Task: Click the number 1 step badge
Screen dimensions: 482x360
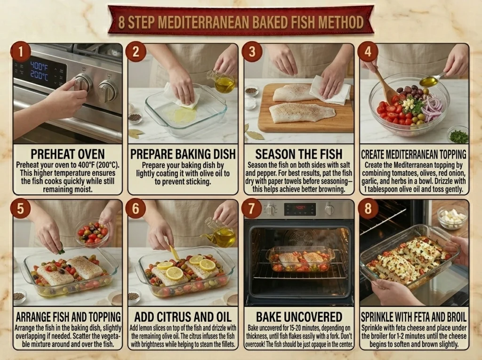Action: pos(21,52)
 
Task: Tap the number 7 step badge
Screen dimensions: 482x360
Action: pos(251,208)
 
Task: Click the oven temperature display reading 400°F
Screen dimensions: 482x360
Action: pos(39,66)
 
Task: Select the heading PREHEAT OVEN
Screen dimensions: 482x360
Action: pos(68,154)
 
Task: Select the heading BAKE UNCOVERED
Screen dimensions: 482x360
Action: pos(299,317)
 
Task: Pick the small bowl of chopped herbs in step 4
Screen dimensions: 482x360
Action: pos(458,134)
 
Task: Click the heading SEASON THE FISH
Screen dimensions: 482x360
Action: pos(299,154)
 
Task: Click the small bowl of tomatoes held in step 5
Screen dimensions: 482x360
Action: pos(92,233)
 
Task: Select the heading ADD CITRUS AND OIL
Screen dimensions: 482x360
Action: pos(183,317)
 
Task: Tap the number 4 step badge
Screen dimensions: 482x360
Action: pos(368,52)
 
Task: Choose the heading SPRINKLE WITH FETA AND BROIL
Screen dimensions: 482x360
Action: pos(414,317)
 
